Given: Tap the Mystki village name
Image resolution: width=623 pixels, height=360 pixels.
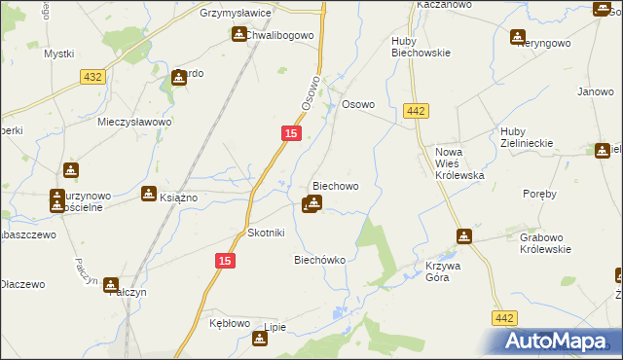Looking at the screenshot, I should pyautogui.click(x=58, y=54).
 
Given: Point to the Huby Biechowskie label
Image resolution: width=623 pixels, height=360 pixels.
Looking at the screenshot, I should pyautogui.click(x=421, y=47).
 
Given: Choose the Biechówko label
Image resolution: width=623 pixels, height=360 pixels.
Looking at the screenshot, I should pyautogui.click(x=319, y=260).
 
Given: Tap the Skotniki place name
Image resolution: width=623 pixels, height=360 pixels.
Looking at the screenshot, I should pyautogui.click(x=266, y=234).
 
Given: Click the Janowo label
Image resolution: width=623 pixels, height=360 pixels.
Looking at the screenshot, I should pyautogui.click(x=594, y=92).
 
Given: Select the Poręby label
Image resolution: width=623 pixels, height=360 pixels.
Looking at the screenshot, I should pyautogui.click(x=538, y=194).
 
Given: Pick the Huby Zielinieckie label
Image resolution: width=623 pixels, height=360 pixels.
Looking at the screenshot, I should pyautogui.click(x=527, y=136).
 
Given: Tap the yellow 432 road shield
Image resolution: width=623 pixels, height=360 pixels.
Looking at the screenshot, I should pyautogui.click(x=92, y=77).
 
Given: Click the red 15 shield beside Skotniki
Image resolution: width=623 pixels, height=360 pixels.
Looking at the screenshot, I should pyautogui.click(x=225, y=261).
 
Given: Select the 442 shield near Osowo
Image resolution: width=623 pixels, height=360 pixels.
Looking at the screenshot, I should pyautogui.click(x=417, y=112).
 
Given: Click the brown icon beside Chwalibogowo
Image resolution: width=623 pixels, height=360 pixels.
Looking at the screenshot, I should pyautogui.click(x=238, y=35).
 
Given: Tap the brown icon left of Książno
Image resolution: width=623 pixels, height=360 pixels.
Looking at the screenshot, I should pyautogui.click(x=148, y=194).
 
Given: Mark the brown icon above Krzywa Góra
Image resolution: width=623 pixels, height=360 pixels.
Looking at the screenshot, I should pyautogui.click(x=464, y=236).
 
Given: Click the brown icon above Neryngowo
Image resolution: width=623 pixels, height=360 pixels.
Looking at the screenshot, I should pyautogui.click(x=517, y=37).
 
